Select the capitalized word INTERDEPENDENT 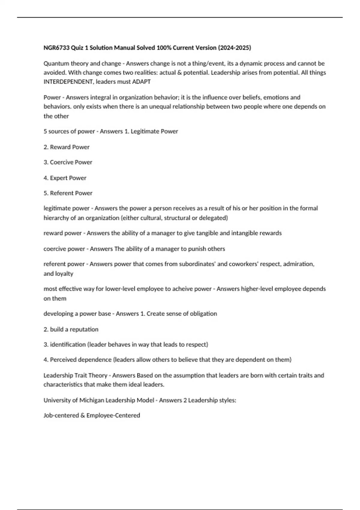tap(68, 82)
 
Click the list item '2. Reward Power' tap(67, 147)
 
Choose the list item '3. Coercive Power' tap(68, 162)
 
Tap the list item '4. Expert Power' tap(65, 178)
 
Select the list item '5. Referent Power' tap(68, 193)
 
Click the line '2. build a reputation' tap(71, 329)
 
